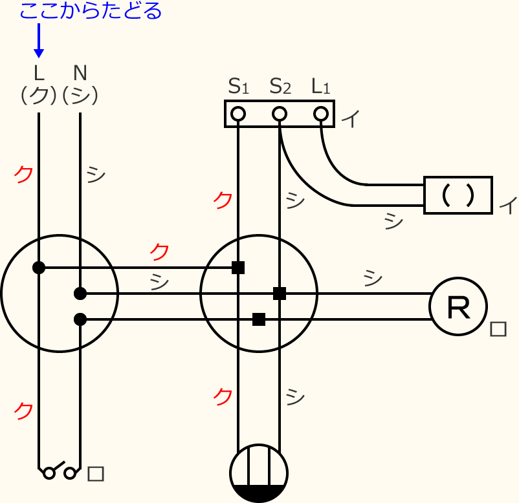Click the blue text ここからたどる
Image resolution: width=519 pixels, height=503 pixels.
tap(91, 11)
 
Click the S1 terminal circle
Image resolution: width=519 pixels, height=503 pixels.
tap(238, 114)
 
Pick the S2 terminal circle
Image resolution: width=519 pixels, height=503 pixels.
tap(280, 114)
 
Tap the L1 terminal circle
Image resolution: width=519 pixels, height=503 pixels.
tap(321, 114)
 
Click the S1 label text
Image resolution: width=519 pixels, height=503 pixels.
tap(238, 85)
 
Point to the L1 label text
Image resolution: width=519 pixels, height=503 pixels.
tap(321, 85)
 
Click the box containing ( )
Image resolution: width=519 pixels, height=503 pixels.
tap(458, 195)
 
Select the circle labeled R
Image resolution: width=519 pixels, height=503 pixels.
tap(459, 307)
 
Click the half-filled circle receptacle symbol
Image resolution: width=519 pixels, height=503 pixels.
tap(259, 473)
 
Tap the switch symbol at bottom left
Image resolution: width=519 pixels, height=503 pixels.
tap(59, 471)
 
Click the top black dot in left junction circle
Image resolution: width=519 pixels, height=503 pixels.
tap(39, 268)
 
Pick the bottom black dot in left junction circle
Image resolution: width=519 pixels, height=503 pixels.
tap(80, 319)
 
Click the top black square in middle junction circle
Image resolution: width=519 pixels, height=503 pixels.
tap(238, 268)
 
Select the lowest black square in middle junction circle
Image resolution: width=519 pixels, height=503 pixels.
tap(259, 319)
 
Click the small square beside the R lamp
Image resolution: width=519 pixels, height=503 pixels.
tap(498, 329)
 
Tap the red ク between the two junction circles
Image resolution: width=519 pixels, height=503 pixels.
tap(159, 251)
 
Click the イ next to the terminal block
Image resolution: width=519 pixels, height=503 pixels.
tap(349, 118)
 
